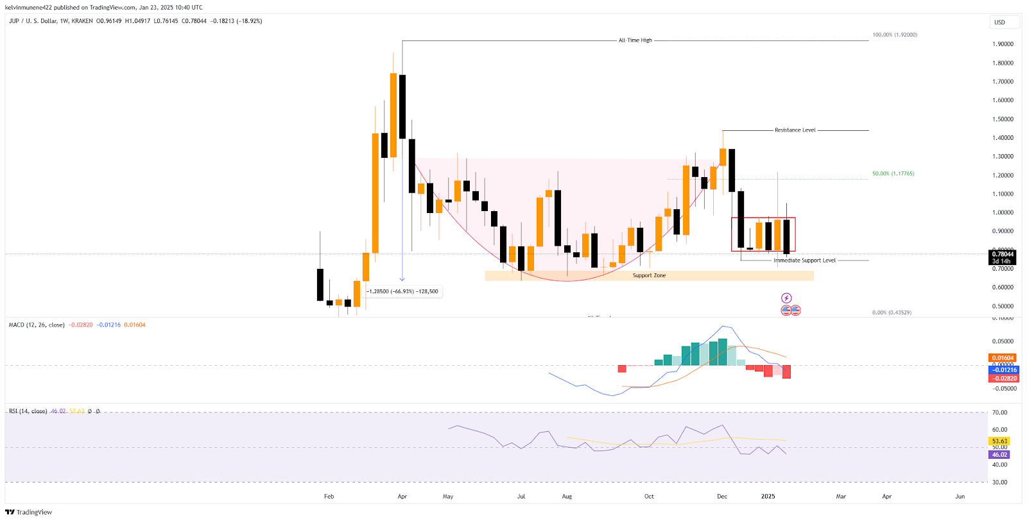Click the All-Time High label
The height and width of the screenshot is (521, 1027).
635,40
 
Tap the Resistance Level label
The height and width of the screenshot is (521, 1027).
795,130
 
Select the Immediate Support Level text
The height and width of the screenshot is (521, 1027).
804,260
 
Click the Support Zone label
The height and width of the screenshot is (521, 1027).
649,276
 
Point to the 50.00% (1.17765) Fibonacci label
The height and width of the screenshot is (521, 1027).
893,174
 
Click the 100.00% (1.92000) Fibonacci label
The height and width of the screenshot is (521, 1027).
894,35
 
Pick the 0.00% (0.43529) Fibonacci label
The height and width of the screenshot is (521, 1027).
892,312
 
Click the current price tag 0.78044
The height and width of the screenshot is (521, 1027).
1002,254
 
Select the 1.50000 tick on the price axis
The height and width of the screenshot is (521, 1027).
1003,119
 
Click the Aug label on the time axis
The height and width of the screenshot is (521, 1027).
567,497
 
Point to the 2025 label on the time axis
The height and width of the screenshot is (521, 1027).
768,497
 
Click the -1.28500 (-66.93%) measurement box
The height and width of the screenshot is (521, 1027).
402,292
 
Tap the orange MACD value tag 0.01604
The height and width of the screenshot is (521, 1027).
1003,358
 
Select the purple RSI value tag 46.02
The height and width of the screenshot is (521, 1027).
1000,455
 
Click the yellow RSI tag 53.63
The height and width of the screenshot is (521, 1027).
1000,441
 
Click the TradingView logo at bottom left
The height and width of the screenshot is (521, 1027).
29,512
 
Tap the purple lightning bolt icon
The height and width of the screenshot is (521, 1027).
786,298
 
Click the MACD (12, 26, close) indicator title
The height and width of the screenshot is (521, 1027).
37,325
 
